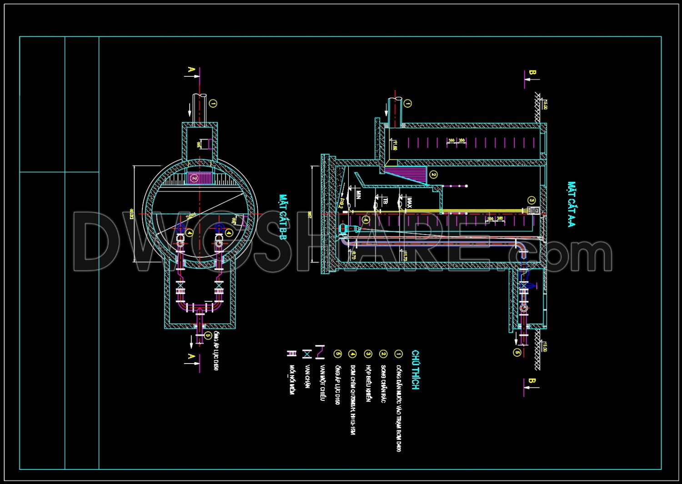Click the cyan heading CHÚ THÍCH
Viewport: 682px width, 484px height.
415,369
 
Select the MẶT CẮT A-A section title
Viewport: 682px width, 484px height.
572,204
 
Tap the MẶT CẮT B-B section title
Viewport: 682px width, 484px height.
283,217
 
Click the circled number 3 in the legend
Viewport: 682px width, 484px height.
368,354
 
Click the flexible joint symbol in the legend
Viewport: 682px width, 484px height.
291,354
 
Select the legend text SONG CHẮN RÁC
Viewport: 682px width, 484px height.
383,377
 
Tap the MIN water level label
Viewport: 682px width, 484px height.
358,195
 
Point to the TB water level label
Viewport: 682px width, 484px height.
385,201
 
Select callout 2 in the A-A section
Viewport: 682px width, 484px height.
433,175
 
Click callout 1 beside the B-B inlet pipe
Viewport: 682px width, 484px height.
213,104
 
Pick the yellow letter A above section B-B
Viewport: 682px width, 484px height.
191,70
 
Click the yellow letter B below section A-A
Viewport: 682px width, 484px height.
532,381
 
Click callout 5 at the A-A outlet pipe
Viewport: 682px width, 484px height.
517,352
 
